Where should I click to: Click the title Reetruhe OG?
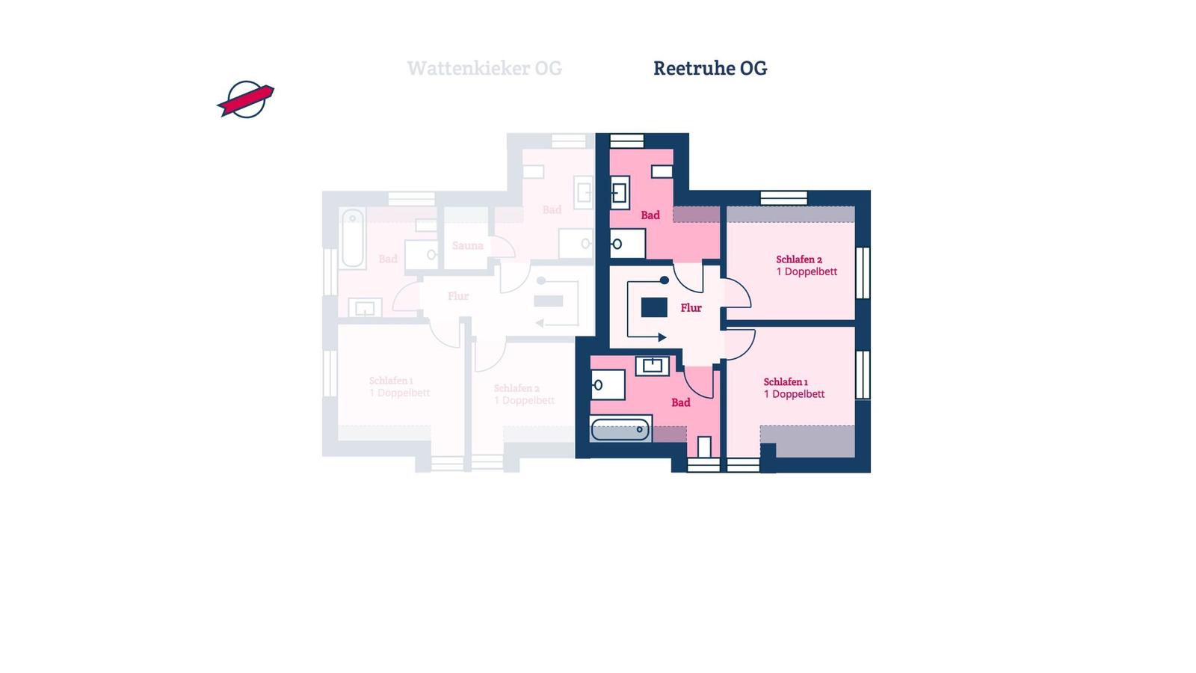[710, 68]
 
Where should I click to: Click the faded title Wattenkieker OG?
[484, 68]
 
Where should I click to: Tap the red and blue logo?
[246, 99]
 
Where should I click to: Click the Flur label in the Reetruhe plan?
[691, 307]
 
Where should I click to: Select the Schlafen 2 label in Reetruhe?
[799, 259]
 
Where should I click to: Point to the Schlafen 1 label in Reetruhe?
[786, 381]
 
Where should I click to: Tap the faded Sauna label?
[468, 245]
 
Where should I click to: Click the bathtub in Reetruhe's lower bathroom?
[620, 429]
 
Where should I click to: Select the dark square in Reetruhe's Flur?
[654, 307]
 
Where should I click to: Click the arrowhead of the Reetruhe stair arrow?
[662, 337]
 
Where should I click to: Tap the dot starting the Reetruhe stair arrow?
[664, 280]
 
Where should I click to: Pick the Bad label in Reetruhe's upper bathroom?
[650, 215]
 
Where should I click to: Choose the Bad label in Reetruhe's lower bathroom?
[681, 402]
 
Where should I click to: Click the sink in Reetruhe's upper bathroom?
[620, 193]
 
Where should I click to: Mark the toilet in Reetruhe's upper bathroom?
[626, 243]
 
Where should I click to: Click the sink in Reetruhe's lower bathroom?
[653, 366]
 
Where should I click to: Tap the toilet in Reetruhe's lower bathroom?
[606, 385]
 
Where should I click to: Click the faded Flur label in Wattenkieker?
[458, 296]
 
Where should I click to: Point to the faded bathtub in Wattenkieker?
[353, 238]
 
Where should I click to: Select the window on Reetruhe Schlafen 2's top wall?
[783, 198]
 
